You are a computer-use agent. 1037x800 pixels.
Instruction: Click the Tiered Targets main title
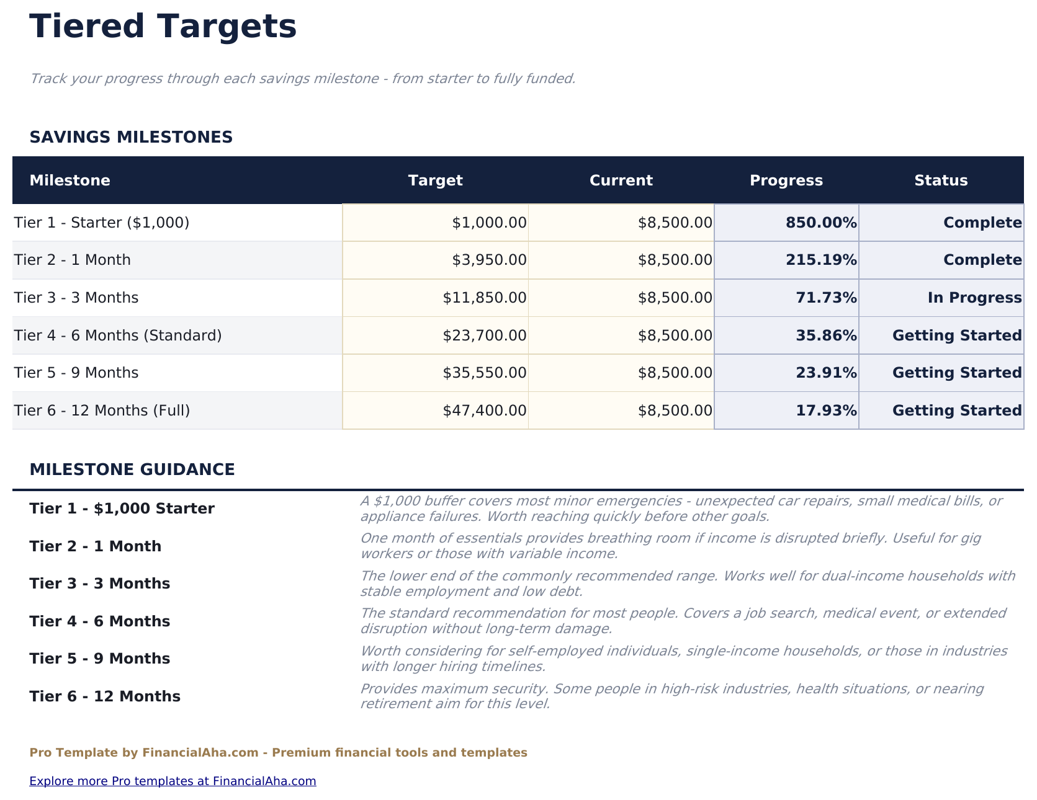[x=163, y=27]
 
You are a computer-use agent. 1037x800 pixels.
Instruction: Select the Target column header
[x=435, y=180]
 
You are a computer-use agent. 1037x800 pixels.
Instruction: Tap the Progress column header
[x=786, y=180]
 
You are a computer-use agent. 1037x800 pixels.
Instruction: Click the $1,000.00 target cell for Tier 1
[x=489, y=223]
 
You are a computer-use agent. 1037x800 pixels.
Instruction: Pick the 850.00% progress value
[x=821, y=223]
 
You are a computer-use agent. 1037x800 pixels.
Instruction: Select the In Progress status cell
[x=974, y=298]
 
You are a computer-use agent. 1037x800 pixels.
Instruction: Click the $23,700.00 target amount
[x=484, y=336]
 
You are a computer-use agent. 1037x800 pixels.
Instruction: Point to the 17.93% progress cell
[x=826, y=411]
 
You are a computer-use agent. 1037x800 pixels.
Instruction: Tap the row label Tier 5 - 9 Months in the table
[x=76, y=373]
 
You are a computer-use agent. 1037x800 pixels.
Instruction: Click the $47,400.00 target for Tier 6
[x=484, y=411]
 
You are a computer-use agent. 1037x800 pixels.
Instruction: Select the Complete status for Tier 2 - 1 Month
[x=982, y=260]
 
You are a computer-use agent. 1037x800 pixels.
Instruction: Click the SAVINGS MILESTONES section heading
[x=131, y=137]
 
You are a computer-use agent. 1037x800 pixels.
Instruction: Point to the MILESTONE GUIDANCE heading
[x=132, y=469]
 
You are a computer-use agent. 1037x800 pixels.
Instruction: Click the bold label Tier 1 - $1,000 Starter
[x=122, y=509]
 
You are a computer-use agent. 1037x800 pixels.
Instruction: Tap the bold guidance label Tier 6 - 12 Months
[x=105, y=696]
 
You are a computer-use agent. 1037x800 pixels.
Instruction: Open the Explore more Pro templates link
[x=173, y=781]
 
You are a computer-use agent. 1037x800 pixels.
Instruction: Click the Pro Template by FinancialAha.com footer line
[x=278, y=753]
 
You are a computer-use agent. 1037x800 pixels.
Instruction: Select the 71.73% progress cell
[x=826, y=298]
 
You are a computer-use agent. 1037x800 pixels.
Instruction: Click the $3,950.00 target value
[x=489, y=260]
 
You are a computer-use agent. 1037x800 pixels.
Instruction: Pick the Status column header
[x=940, y=180]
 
